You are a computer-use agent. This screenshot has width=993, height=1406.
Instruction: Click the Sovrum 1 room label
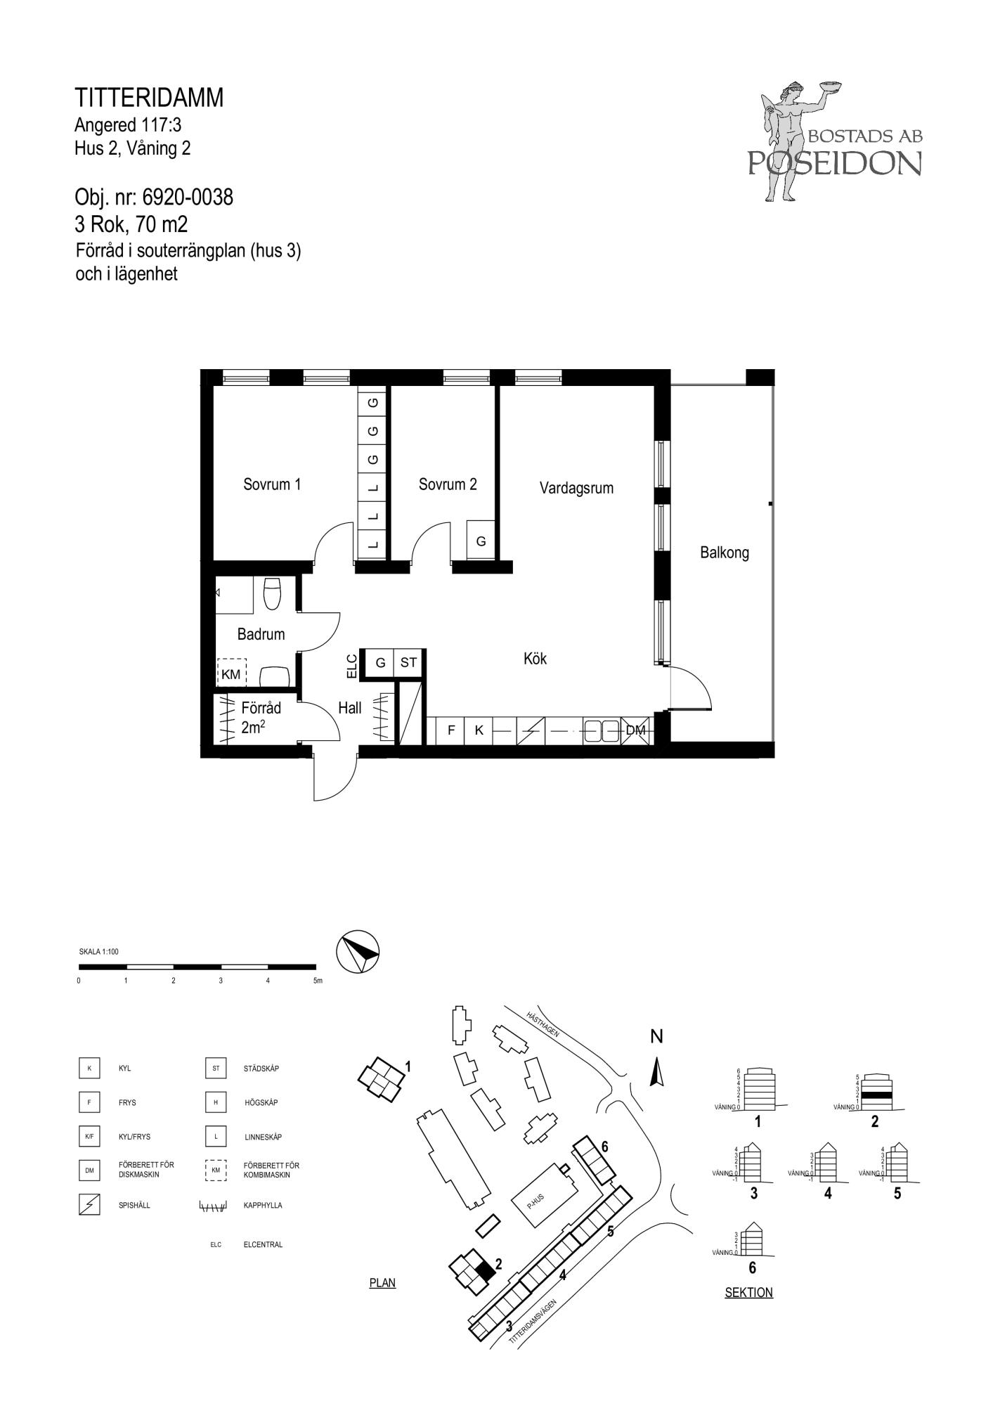coord(272,484)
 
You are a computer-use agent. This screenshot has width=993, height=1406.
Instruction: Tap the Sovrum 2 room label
coord(448,484)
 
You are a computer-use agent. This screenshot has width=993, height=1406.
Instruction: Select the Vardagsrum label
coord(576,488)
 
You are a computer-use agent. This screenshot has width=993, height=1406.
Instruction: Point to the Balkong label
coord(725,553)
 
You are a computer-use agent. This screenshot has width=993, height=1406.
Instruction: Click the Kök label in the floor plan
coord(535,659)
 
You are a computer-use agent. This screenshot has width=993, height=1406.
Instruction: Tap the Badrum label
coord(261,634)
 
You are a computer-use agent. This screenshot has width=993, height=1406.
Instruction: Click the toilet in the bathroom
coord(272,593)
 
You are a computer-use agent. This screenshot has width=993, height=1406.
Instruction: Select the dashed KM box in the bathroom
coord(231,673)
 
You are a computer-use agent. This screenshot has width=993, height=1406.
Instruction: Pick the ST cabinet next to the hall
coord(408,662)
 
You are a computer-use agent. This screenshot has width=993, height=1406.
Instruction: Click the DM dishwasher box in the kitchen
coord(635,730)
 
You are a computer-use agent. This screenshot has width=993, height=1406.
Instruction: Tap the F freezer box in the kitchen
coord(451,730)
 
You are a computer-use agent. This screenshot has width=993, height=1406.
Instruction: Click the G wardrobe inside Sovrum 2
coord(481,541)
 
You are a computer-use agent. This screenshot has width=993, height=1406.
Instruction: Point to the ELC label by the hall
coord(352,666)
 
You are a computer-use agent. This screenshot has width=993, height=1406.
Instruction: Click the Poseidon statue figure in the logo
coord(787,141)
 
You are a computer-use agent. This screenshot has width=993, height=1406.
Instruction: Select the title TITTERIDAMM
coord(149,98)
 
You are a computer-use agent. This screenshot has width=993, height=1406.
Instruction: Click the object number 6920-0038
coord(188,198)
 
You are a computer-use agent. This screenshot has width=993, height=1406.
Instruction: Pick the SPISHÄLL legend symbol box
coord(89,1205)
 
